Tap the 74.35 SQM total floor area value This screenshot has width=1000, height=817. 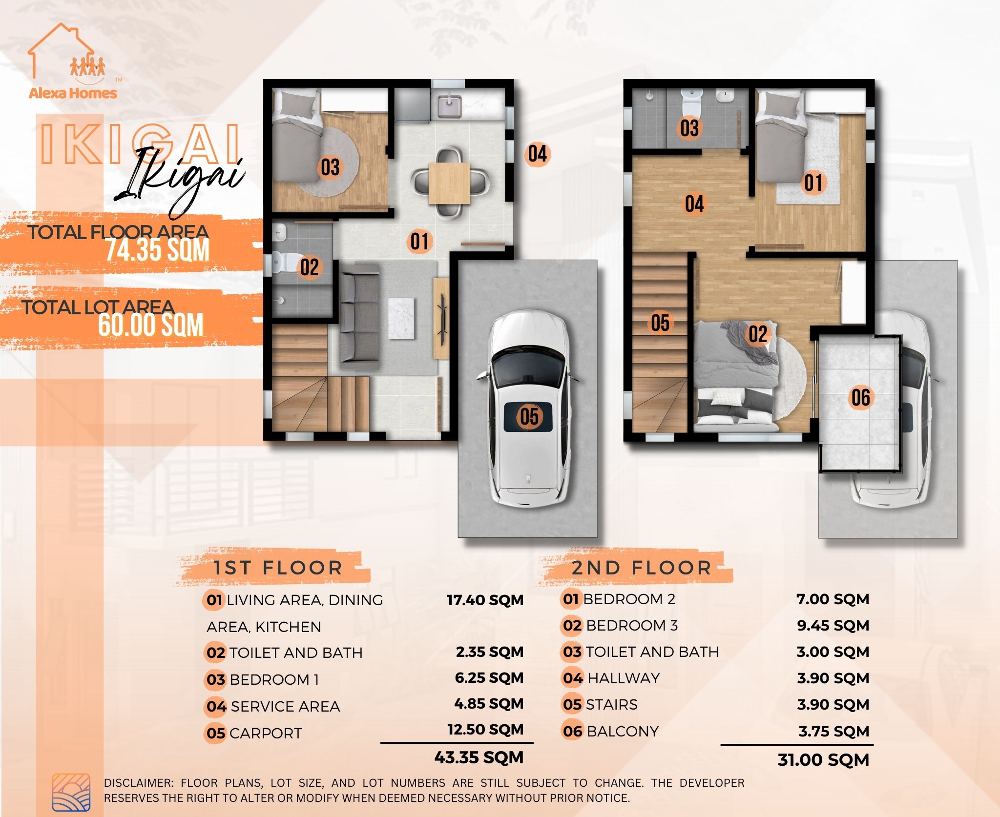tap(157, 250)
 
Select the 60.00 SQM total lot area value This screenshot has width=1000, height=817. tap(150, 326)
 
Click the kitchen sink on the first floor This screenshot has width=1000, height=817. tap(450, 107)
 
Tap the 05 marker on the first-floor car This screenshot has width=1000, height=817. tap(529, 416)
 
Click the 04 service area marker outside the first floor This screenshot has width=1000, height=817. tap(537, 154)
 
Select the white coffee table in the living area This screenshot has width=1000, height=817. tap(401, 318)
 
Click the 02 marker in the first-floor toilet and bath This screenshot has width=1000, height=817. tap(309, 267)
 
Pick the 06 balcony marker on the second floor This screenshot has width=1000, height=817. tap(860, 397)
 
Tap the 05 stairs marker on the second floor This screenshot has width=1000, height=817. tap(660, 323)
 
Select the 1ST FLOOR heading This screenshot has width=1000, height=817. tap(277, 568)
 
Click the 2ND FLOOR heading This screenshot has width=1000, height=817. tap(641, 568)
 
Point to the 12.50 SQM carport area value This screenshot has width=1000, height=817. tap(485, 729)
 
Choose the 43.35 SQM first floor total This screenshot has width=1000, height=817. tap(479, 757)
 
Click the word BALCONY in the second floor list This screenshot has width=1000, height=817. tap(623, 731)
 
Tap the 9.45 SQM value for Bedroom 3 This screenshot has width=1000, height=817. tap(833, 625)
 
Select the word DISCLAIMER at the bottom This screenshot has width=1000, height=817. tap(138, 783)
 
